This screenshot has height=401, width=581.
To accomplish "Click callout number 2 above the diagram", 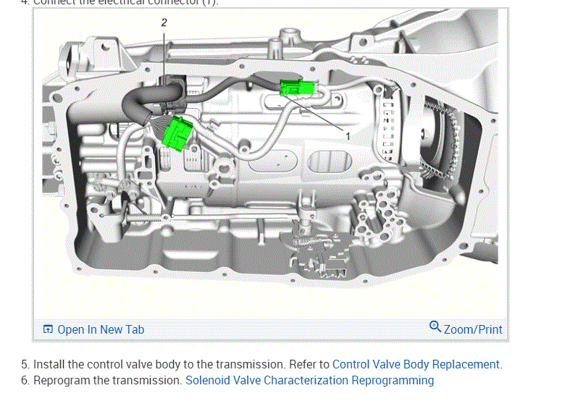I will tap(164, 22).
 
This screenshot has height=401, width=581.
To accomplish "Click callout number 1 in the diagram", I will tap(348, 135).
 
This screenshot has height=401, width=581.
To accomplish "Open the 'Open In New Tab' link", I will tap(101, 329).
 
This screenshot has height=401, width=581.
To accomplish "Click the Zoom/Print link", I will tap(473, 329).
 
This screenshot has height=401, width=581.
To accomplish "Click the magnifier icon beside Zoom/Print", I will tap(435, 327).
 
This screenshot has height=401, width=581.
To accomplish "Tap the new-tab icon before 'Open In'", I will tap(48, 329).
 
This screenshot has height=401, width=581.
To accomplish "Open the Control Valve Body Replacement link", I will tap(416, 364).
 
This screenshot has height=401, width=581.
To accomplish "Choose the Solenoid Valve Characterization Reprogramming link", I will tap(309, 380).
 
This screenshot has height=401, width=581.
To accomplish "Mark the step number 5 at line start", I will tap(25, 364).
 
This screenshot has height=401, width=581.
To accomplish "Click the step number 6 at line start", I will tap(25, 380).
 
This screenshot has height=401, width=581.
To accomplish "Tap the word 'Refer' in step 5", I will tap(302, 364).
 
